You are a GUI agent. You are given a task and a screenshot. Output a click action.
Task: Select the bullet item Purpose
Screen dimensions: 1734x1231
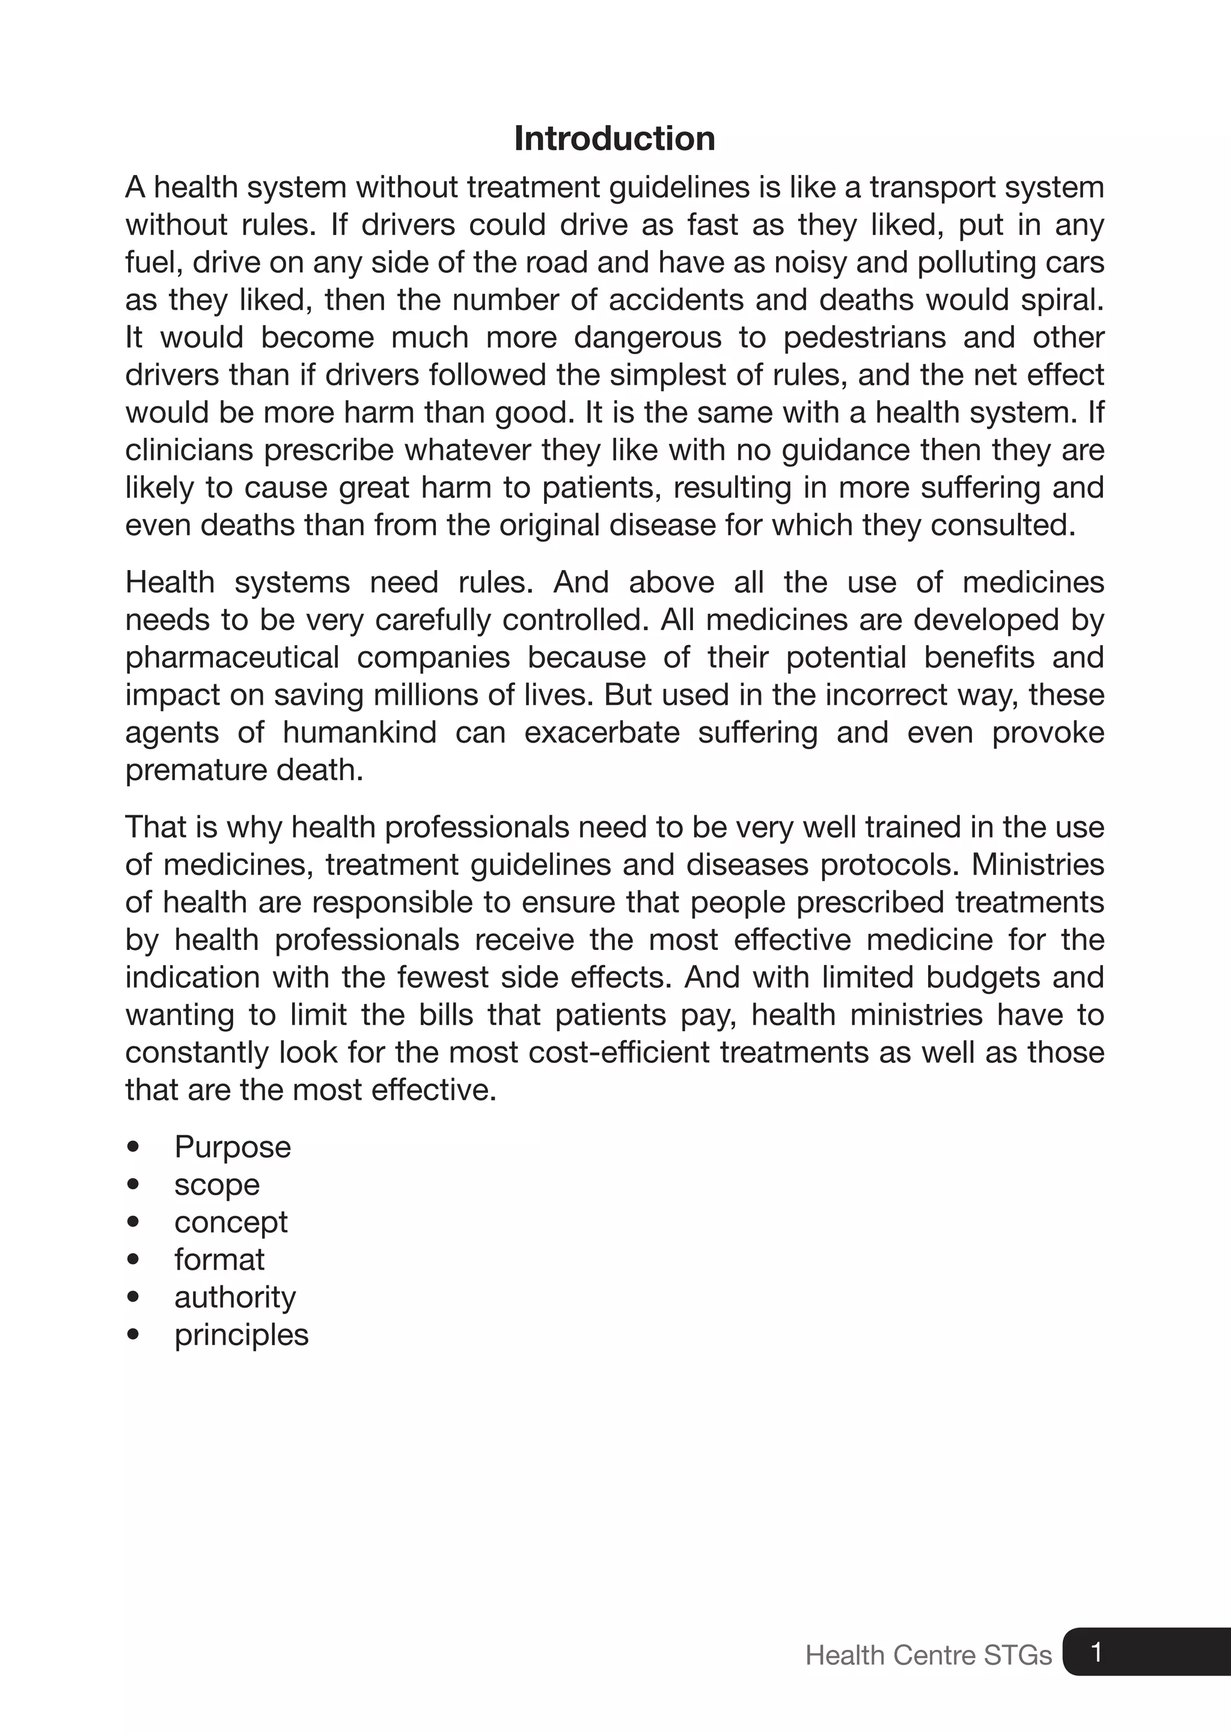point(232,1147)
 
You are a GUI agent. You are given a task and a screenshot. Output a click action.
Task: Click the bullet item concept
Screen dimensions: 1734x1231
point(230,1222)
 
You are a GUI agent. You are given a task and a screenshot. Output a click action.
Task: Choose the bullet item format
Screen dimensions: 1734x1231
point(219,1260)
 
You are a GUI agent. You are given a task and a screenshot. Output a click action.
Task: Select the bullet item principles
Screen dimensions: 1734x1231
point(241,1334)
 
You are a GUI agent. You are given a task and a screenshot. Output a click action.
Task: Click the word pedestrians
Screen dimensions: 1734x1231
point(864,337)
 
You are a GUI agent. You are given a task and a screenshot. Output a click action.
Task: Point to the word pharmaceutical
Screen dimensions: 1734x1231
point(232,657)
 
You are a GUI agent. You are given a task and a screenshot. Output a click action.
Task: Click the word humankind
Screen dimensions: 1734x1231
point(359,732)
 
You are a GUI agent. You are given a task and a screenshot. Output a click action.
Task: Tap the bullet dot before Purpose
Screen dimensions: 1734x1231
point(133,1147)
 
